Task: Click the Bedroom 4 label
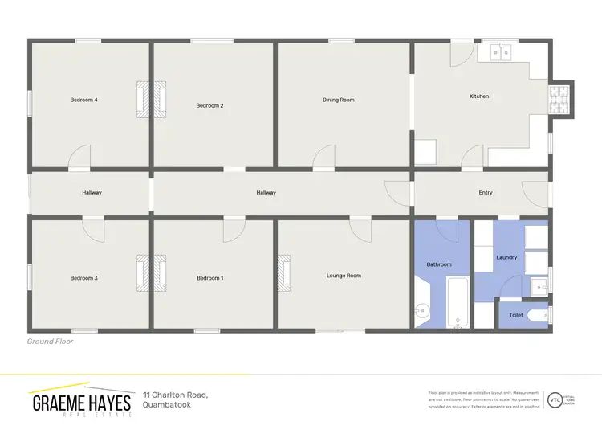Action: [x=83, y=100]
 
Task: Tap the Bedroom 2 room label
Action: [x=209, y=105]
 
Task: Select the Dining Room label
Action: [x=338, y=100]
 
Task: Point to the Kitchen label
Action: [x=479, y=96]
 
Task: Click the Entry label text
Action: [x=486, y=193]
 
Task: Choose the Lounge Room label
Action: [x=344, y=276]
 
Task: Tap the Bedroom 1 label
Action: [x=209, y=278]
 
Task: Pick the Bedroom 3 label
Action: [x=83, y=278]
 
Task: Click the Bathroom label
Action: [x=439, y=264]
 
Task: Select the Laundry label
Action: [x=506, y=257]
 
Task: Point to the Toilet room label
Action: [x=516, y=315]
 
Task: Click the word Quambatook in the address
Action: [x=170, y=404]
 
